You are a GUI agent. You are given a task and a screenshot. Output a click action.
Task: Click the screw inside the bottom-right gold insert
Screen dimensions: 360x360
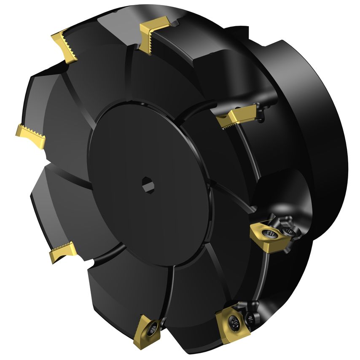(x=234, y=322)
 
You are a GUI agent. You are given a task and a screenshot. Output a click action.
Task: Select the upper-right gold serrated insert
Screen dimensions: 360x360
(x=236, y=115)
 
